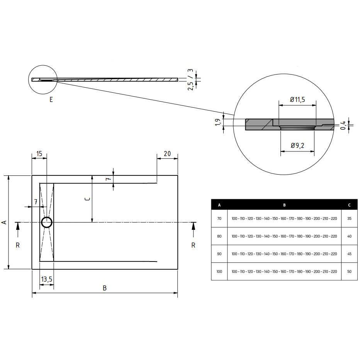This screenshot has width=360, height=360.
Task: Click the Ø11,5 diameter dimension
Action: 298,100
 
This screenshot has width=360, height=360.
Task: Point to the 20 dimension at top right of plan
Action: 167,153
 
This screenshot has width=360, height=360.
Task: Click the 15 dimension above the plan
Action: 39,153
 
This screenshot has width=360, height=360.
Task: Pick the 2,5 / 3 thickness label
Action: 190,80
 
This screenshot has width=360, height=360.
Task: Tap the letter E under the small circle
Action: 51,100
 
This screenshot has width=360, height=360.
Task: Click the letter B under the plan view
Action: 104,288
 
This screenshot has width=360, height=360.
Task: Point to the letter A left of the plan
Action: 4,222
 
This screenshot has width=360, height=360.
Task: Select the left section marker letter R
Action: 18,245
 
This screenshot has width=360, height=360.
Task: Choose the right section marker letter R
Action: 193,245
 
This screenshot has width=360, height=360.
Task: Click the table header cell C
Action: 349,205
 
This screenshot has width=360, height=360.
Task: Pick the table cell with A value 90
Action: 219,254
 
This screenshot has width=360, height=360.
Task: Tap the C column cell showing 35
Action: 349,219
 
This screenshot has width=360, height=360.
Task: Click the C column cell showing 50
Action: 349,272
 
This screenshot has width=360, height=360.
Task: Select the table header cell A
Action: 219,205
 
